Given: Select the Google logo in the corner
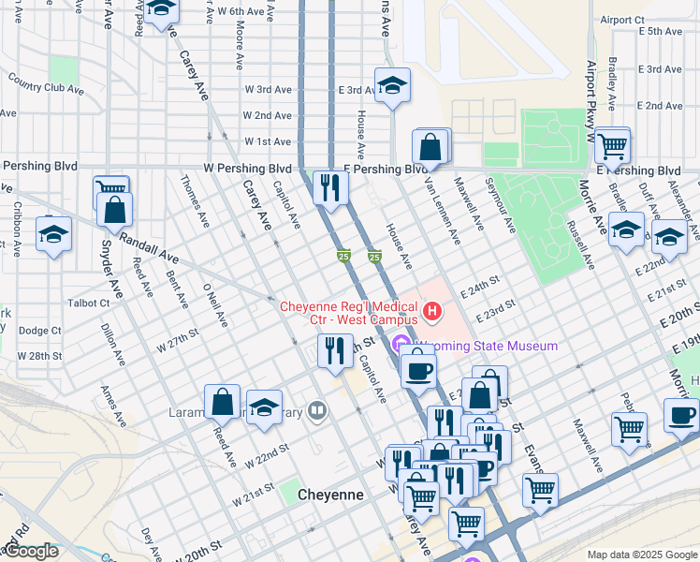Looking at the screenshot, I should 30,551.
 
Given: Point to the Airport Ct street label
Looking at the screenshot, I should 622,20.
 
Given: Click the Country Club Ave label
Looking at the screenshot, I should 45,88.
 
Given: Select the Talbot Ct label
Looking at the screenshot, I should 89,303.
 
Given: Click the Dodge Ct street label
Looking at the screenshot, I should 39,331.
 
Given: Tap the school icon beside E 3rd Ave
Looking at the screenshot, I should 392,86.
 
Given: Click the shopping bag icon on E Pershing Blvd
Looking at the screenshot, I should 430,147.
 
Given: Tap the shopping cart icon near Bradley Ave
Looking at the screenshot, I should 612,145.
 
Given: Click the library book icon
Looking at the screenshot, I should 318,409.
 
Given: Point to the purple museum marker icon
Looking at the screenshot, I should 403,345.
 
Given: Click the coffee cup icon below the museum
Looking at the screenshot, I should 418,369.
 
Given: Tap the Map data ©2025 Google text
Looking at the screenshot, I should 640,555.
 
